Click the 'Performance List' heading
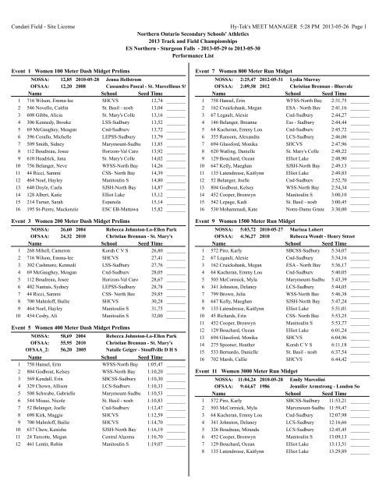click(193, 37)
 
